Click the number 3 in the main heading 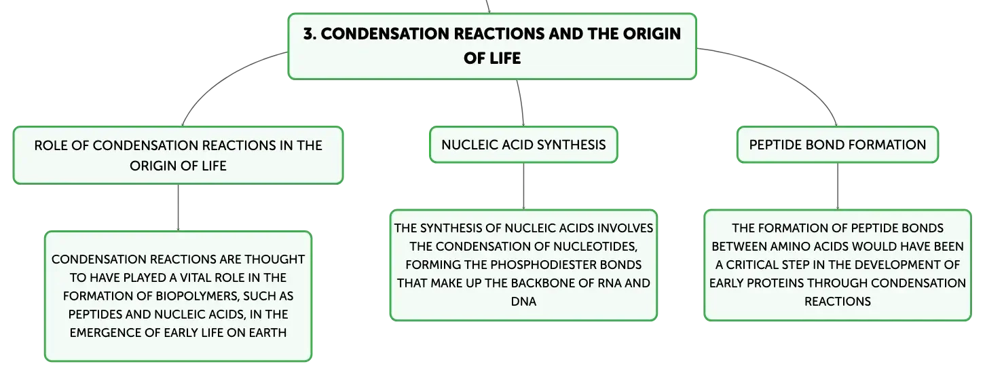point(309,34)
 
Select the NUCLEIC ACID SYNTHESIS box point(523,145)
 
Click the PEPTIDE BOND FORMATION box point(837,145)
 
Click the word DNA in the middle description point(523,302)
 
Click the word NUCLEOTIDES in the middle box point(593,247)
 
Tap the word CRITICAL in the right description point(754,264)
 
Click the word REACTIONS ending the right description point(837,302)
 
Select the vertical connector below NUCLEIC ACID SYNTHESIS point(523,186)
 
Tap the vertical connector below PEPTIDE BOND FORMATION point(837,186)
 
